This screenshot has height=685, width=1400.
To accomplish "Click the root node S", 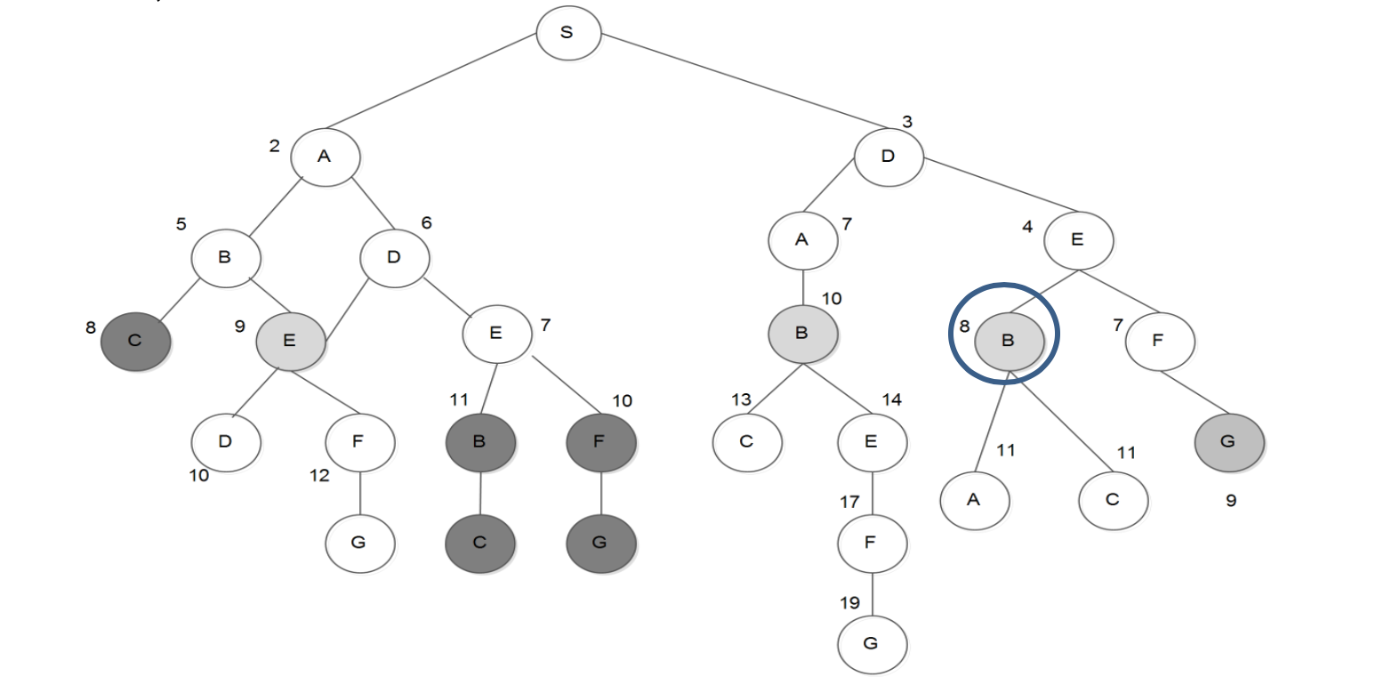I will (567, 33).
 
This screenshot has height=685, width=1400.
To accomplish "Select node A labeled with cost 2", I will (325, 157).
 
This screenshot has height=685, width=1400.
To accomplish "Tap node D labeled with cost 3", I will (888, 157).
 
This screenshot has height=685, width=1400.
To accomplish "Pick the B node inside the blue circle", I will (1008, 341).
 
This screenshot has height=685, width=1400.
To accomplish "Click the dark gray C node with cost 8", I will (135, 341).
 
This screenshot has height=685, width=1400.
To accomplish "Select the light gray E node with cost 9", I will (289, 341).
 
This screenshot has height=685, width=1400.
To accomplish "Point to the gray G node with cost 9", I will (1228, 441).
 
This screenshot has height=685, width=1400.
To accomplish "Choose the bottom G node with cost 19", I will (871, 643).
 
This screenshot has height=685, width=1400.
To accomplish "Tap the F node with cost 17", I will (871, 542).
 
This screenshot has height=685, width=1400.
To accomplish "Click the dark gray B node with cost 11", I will (479, 441).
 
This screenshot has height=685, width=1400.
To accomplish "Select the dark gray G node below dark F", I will (600, 543).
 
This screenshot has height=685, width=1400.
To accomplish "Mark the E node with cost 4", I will (1077, 239).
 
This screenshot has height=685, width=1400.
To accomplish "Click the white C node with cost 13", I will (746, 441).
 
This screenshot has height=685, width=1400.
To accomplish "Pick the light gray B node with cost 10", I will (802, 333).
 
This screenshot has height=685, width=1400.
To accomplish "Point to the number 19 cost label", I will (849, 603).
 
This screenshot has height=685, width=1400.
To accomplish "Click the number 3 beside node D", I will (907, 122).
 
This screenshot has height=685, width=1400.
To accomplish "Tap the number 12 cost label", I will (319, 476).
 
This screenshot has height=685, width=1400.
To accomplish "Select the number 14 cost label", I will (891, 400).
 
